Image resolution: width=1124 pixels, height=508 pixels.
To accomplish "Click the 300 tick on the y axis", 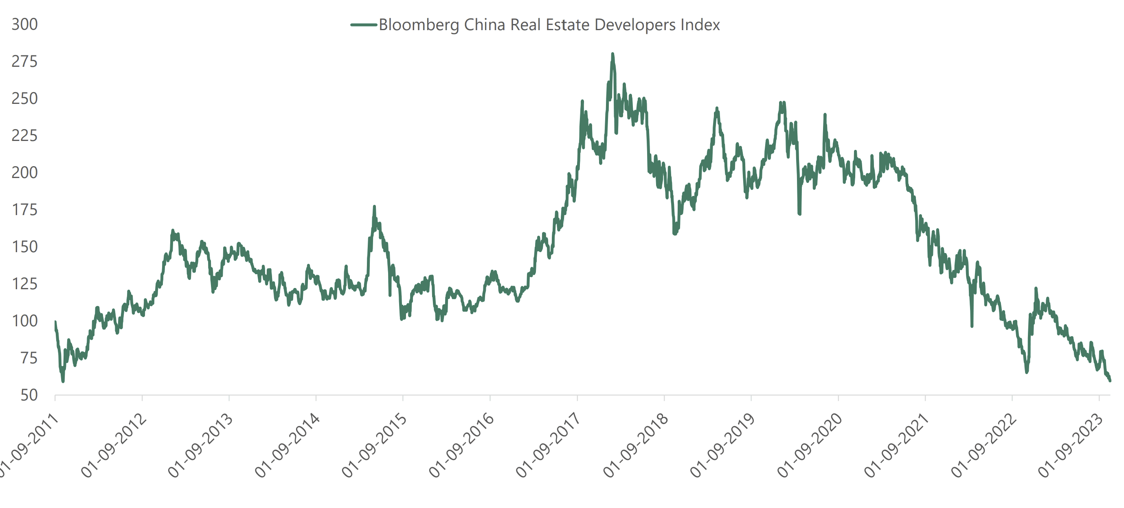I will [24, 24].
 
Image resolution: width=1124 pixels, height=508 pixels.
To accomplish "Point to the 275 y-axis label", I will [24, 62].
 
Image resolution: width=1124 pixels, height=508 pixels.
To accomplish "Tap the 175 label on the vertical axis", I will [24, 210].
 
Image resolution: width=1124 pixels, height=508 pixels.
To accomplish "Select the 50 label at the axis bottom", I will [29, 396].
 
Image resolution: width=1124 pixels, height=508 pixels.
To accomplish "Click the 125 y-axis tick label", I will [24, 284].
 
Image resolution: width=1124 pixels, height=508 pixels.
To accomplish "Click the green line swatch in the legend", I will [363, 25].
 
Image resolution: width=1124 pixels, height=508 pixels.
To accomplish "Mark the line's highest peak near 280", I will [612, 54].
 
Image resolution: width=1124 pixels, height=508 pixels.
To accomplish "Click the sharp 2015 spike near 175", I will [374, 207].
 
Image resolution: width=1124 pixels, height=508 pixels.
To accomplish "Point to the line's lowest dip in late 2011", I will [63, 381].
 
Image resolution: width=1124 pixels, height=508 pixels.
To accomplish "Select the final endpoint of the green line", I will [1110, 381].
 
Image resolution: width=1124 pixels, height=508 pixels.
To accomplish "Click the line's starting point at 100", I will [55, 322].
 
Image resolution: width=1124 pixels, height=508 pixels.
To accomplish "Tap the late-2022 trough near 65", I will [1027, 372].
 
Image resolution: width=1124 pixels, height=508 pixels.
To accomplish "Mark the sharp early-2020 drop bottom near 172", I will [799, 214].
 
